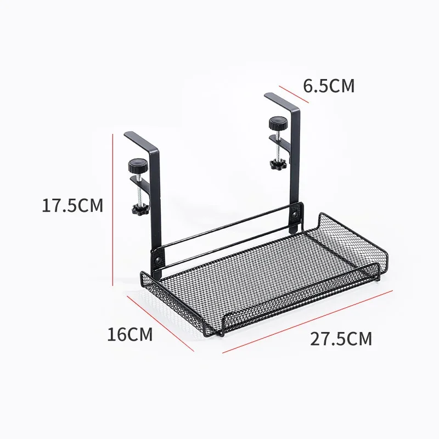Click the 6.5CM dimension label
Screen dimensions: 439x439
click(x=329, y=86)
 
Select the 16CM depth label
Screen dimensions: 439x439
click(x=130, y=334)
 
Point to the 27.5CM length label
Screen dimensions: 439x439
click(x=341, y=338)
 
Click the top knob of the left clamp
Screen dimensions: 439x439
click(x=134, y=164)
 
